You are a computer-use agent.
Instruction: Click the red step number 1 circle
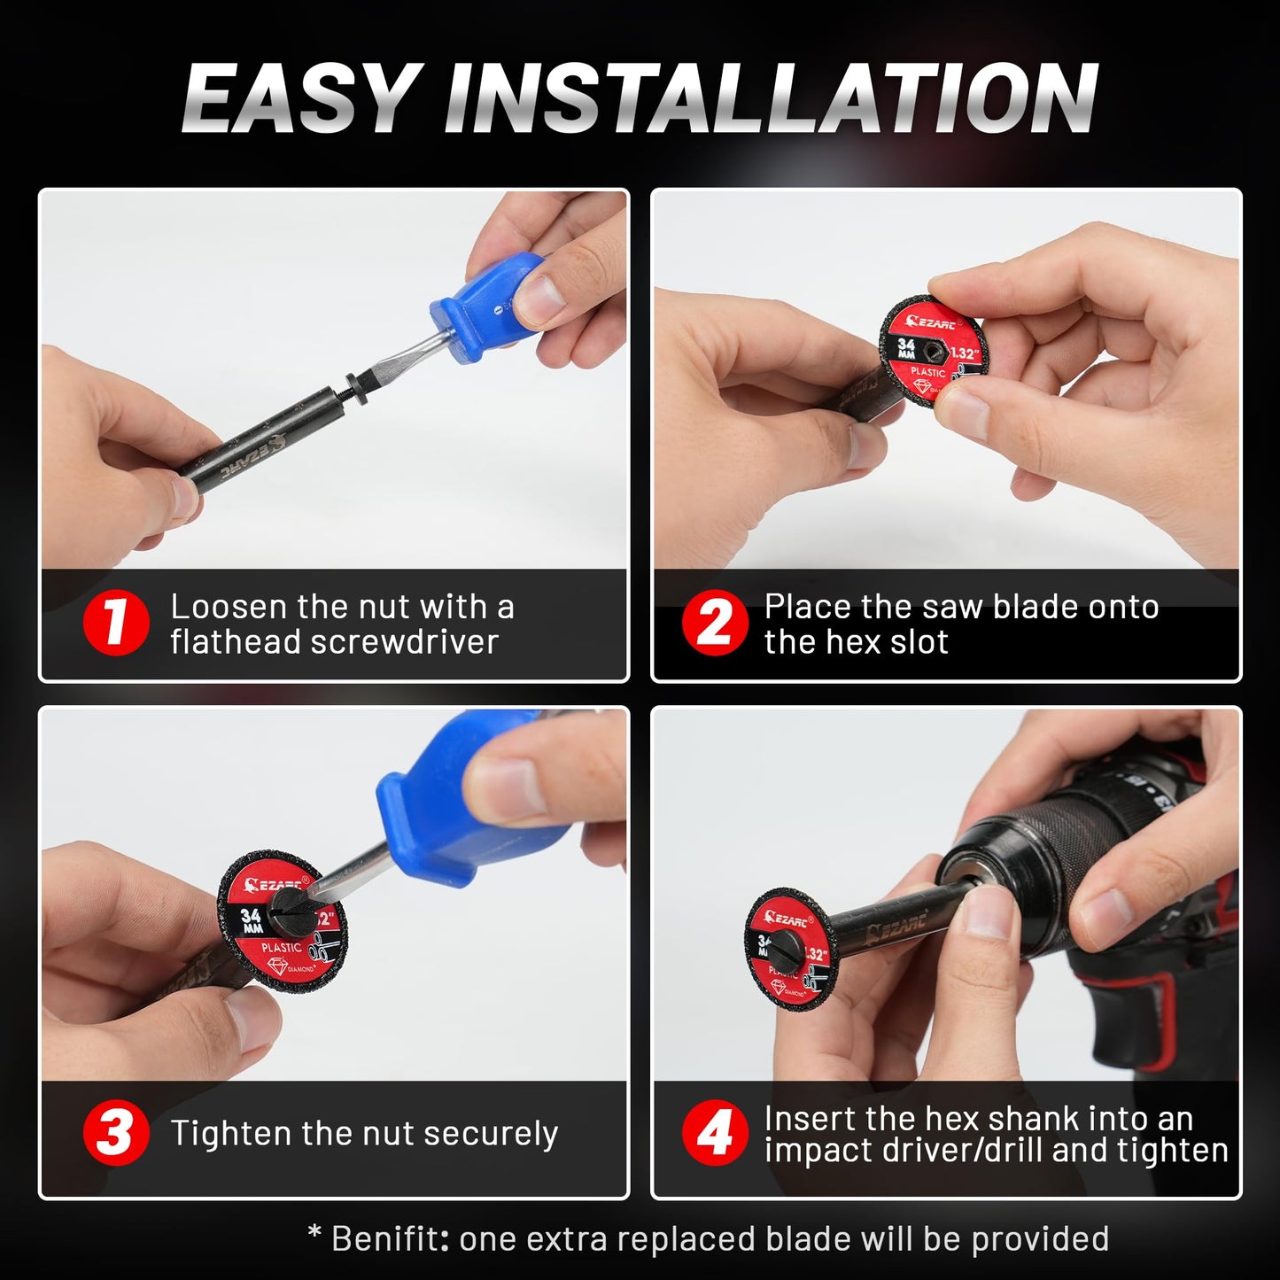115,624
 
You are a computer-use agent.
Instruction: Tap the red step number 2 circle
715,624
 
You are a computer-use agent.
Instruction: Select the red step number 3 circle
115,1133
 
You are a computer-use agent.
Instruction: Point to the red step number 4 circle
715,1133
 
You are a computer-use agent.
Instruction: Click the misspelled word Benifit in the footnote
388,1238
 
